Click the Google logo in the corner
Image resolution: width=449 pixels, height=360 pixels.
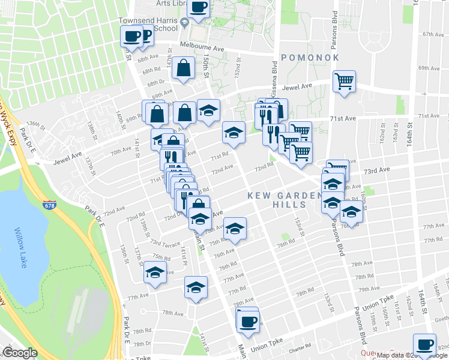click(x=20, y=353)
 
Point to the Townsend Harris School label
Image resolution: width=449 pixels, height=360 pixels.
click(x=152, y=24)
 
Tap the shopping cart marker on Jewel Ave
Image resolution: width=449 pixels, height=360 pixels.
click(x=344, y=82)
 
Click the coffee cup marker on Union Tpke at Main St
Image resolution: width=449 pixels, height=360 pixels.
click(x=247, y=321)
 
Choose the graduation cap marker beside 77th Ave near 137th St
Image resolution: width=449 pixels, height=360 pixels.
click(x=155, y=272)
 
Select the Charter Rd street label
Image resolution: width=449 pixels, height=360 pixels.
click(x=300, y=346)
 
